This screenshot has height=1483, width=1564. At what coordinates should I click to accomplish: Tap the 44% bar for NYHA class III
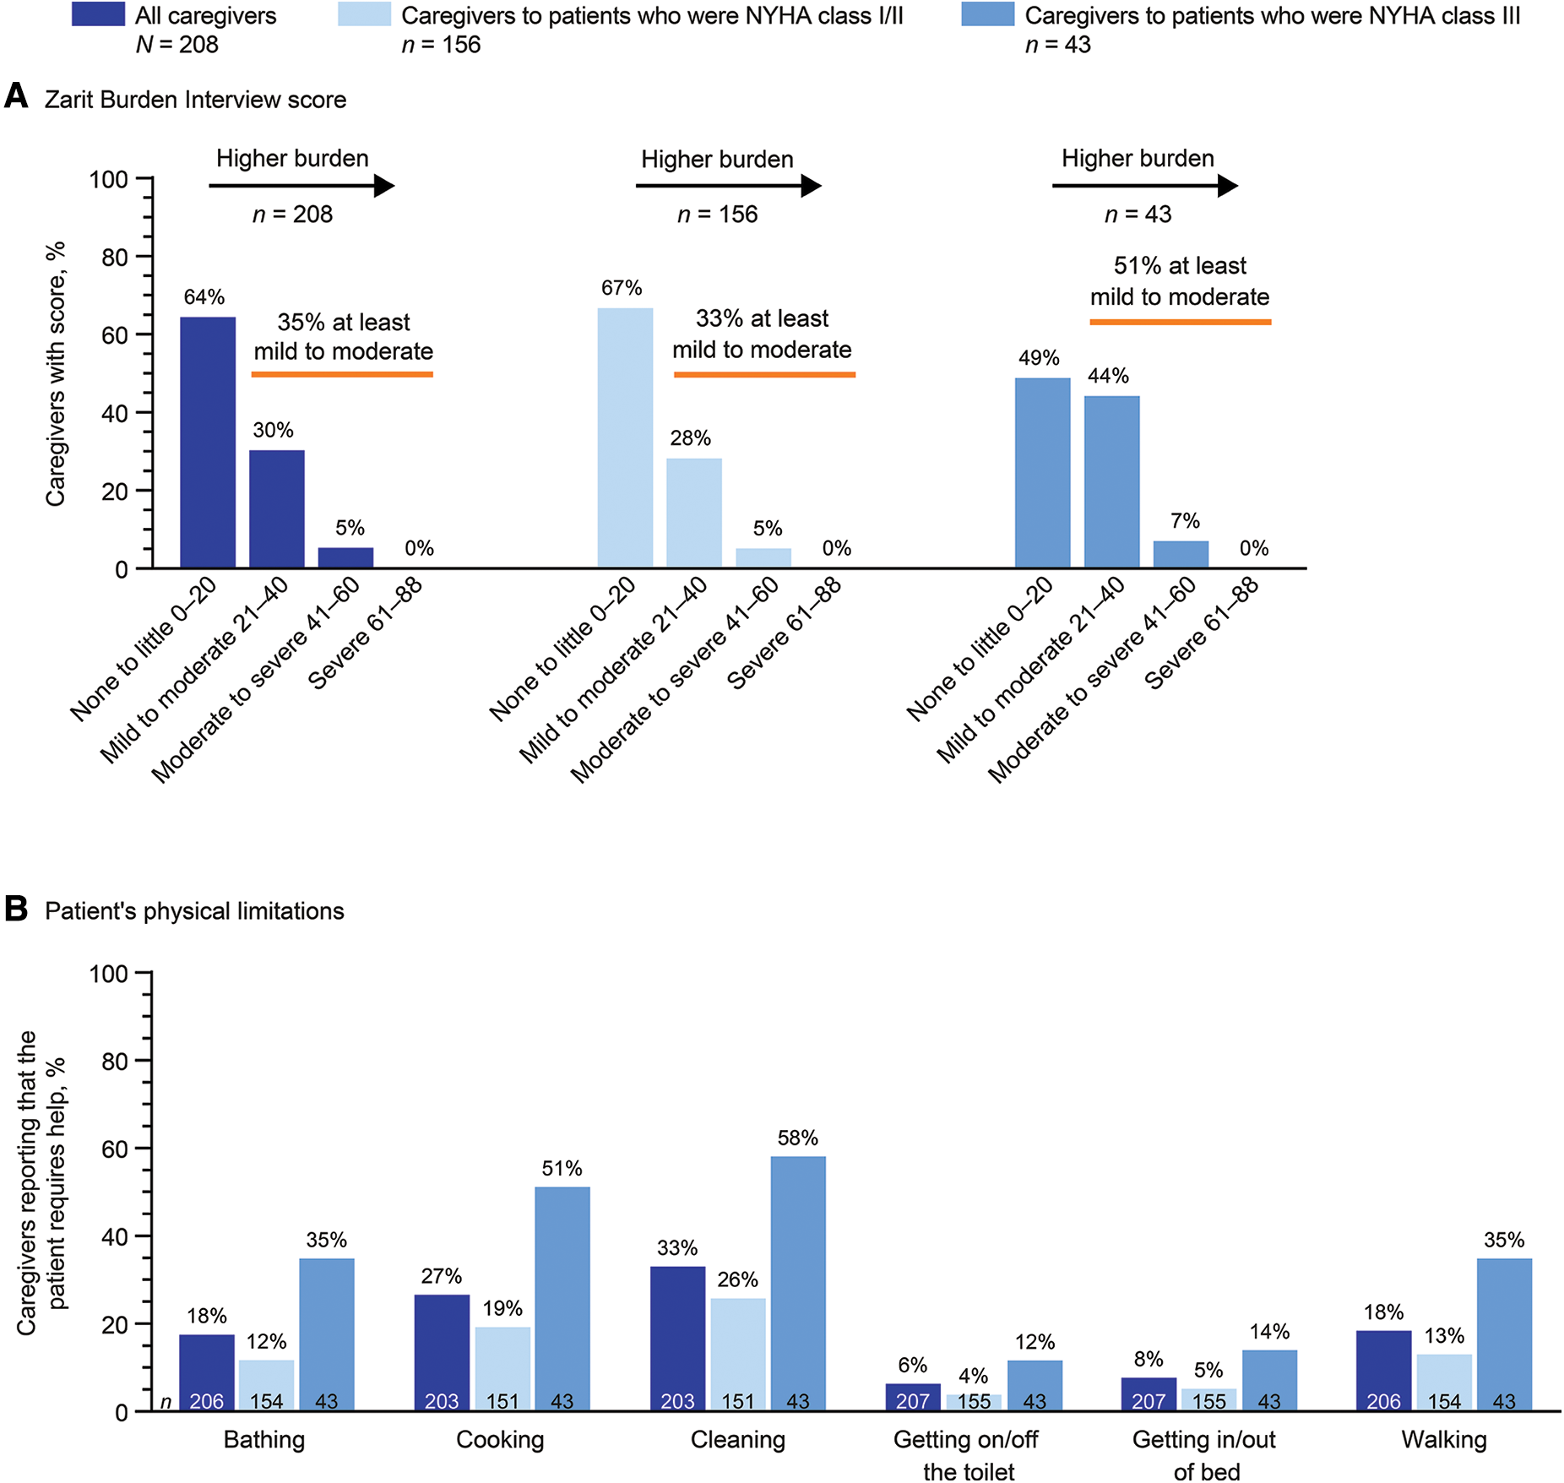pos(1111,481)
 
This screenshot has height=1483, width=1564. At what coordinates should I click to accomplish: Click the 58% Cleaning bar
pos(798,1284)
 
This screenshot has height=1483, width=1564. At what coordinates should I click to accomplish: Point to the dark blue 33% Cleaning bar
pos(677,1339)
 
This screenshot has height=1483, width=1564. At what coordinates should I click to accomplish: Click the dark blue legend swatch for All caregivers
pos(98,15)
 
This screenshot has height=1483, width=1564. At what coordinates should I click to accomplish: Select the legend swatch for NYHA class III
pos(987,15)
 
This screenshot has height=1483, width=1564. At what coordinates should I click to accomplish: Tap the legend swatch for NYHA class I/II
pos(364,15)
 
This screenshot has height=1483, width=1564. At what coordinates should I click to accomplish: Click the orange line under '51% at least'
pos(1180,322)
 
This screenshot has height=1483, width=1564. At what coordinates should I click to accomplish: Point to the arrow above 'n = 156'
pos(728,186)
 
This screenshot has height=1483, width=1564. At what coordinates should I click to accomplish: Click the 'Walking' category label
pos(1443,1440)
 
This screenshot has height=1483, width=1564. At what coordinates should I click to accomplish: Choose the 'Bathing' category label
pos(264,1440)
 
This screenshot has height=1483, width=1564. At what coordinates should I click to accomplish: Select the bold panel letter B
pos(16,910)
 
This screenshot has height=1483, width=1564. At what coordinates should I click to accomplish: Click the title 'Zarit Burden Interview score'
pos(195,100)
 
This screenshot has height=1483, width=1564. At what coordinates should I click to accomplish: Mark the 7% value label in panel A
pos(1185,521)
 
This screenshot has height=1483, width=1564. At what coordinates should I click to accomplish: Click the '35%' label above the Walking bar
pos(1504,1240)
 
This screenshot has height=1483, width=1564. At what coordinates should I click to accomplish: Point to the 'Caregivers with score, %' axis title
pos(56,374)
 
